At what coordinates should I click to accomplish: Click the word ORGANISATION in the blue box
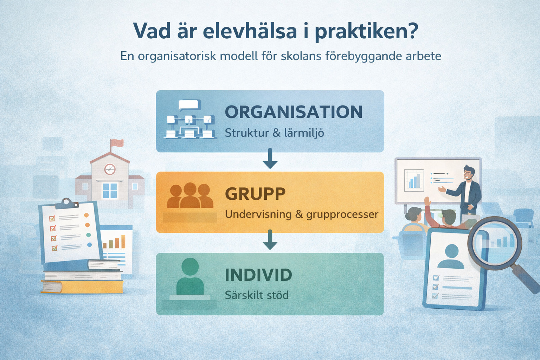coord(294,112)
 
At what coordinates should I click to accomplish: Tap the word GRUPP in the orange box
coord(255,194)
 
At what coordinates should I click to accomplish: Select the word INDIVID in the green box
coord(258,275)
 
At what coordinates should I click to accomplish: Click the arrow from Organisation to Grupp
coord(270,159)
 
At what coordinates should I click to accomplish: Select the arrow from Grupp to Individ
coord(270,240)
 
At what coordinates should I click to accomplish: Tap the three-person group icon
coord(190,196)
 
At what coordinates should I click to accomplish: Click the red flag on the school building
coord(117,142)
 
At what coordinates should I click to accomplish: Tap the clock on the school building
coord(110,169)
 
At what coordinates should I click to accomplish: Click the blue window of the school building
coord(110,191)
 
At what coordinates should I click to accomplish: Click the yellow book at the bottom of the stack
coord(82,287)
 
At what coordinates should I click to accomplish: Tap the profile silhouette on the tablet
coord(451,256)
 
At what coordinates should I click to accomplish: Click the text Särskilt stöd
coord(257,295)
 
